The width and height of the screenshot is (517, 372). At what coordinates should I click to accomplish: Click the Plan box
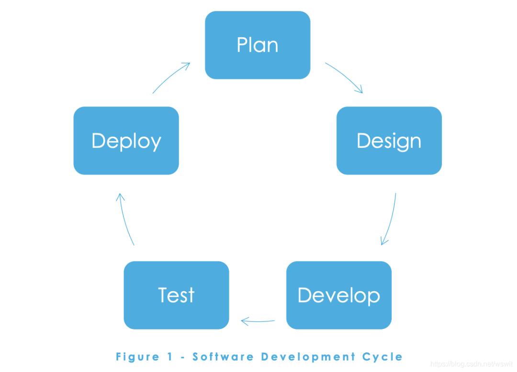258,45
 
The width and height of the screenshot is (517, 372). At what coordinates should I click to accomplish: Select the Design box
389,141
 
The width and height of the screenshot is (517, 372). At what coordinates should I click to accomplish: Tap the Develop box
338,295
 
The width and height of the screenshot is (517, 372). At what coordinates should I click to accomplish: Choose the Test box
176,295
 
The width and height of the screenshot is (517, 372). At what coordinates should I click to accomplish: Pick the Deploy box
126,141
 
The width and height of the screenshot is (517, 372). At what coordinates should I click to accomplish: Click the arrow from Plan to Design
345,77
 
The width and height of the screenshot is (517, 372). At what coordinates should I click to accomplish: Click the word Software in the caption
223,357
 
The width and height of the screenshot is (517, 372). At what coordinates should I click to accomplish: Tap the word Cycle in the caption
383,357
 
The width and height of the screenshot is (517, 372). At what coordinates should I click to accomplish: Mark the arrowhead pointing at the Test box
244,321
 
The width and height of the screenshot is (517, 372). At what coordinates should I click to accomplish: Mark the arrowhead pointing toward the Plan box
187,65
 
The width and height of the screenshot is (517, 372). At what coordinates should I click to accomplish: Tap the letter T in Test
163,295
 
